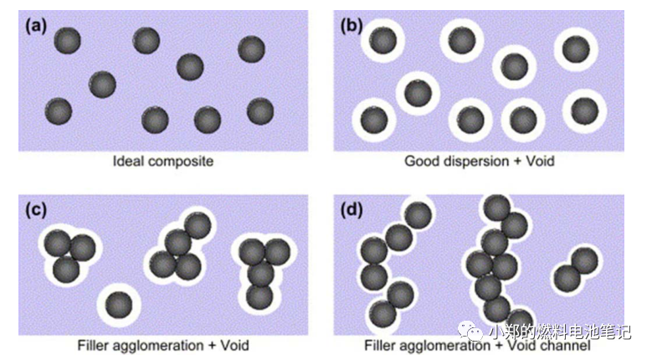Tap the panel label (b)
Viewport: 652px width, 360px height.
pyautogui.click(x=351, y=25)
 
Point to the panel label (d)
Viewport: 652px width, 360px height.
pyautogui.click(x=351, y=210)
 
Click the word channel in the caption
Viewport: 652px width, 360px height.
pyautogui.click(x=569, y=345)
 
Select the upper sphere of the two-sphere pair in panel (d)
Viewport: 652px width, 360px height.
pyautogui.click(x=584, y=260)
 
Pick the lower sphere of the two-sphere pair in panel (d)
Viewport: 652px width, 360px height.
pyautogui.click(x=566, y=278)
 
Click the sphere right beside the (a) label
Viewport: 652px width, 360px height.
pyautogui.click(x=67, y=40)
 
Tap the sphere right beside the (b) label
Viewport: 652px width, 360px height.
pyautogui.click(x=383, y=39)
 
